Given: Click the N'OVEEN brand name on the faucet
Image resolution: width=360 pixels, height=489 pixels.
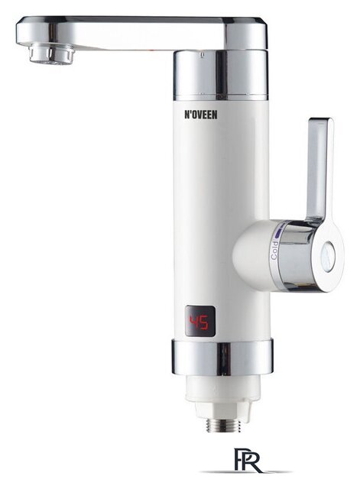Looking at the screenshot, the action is click(200, 115).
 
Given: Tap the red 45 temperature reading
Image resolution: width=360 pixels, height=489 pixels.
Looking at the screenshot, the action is click(199, 322).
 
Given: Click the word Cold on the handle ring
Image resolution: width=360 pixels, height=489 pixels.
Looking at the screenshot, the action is click(274, 251).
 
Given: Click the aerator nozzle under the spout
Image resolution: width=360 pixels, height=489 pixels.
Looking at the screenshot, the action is click(52, 54).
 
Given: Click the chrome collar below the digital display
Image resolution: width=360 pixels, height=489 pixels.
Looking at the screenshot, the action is click(222, 358).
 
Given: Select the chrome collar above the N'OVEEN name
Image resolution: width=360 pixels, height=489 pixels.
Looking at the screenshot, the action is click(221, 75).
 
